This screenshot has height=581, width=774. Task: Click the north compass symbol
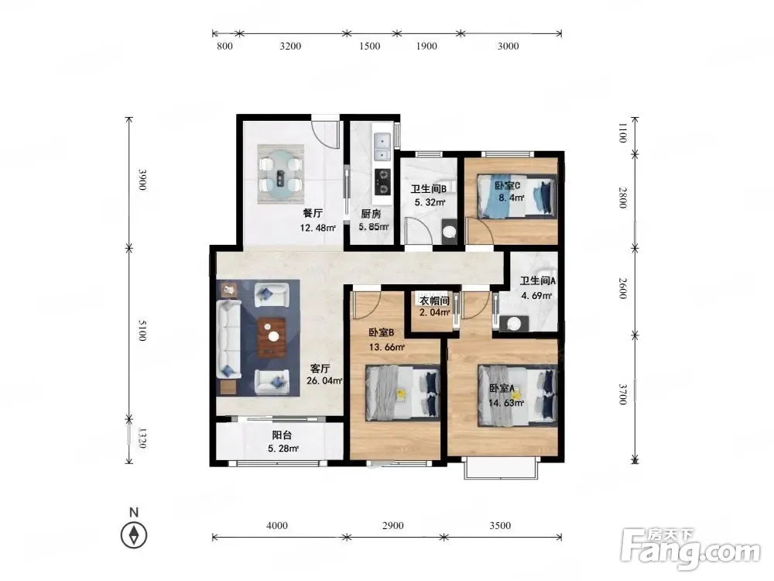(x=134, y=535)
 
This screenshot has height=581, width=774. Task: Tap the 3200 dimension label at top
(x=290, y=46)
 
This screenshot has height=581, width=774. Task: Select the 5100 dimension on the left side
(x=142, y=330)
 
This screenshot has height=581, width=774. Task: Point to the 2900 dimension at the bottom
(x=393, y=526)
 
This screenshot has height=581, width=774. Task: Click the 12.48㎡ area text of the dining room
(x=318, y=228)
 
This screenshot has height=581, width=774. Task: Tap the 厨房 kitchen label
(x=371, y=214)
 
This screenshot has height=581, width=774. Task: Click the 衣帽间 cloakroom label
(x=434, y=301)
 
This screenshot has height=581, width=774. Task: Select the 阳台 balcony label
(x=282, y=435)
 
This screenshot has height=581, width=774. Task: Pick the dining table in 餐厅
(x=280, y=174)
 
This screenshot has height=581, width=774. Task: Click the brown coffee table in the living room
(x=272, y=337)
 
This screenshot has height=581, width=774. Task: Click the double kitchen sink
(x=382, y=146)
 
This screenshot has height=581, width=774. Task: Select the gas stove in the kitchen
(x=382, y=180)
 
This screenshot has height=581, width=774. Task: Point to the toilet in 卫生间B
(x=449, y=230)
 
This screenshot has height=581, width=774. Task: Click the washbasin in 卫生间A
(x=514, y=324)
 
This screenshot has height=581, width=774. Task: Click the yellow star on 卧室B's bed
(x=402, y=394)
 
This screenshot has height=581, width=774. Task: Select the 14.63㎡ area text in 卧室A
(x=506, y=403)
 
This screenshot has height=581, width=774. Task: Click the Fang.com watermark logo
(x=690, y=548)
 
